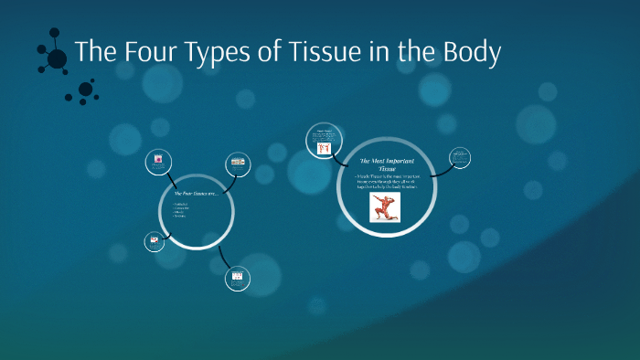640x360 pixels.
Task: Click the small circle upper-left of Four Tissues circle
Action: (159, 162)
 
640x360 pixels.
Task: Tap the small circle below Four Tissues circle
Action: (237, 278)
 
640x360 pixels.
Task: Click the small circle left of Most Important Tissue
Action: (322, 141)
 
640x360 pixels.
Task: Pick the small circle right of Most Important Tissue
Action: (460, 159)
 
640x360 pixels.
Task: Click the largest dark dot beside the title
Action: (57, 59)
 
